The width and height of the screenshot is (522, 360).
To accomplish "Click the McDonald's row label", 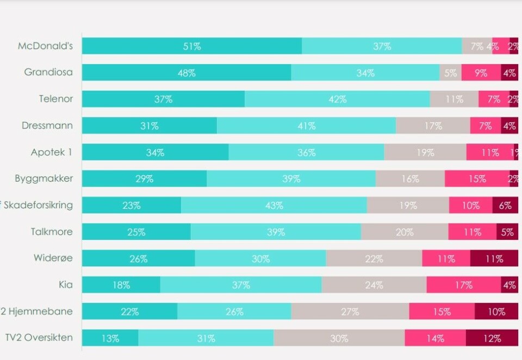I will (x=45, y=46).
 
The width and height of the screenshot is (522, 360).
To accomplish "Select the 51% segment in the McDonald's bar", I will (x=191, y=46).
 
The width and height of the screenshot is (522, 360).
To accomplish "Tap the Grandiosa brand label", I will (x=48, y=72).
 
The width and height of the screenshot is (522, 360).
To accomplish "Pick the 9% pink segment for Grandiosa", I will (x=481, y=73).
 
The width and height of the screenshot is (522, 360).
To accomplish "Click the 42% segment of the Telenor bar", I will (x=337, y=100).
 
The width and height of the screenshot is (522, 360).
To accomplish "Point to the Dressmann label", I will (x=47, y=126).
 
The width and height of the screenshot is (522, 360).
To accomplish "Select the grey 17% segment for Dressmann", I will (x=433, y=126).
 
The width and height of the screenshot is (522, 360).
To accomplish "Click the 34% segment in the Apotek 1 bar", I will (x=155, y=153).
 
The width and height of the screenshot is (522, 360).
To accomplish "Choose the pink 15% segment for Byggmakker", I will (x=477, y=179).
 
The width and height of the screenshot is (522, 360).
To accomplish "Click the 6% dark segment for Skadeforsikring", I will (x=505, y=206).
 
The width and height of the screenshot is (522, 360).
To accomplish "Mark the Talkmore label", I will (x=52, y=232).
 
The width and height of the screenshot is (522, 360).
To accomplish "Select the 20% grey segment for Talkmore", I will (x=404, y=232).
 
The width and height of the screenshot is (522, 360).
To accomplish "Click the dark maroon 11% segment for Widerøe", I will (x=494, y=259).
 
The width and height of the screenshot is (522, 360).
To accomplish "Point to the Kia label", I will (x=65, y=285).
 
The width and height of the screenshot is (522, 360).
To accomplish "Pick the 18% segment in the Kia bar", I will (x=121, y=285).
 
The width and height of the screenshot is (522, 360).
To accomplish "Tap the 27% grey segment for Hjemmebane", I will (x=350, y=312).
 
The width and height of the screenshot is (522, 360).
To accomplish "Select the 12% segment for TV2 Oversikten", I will (x=492, y=338).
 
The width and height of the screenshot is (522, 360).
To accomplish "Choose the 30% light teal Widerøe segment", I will (x=260, y=259).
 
